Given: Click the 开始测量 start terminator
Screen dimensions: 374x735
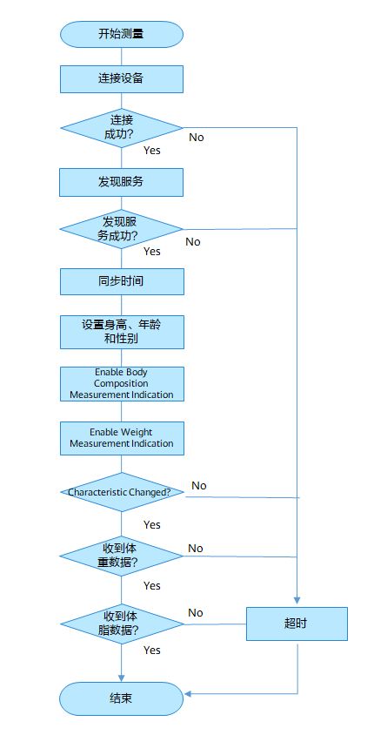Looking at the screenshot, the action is coord(121,34).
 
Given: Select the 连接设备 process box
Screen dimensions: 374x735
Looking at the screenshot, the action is coord(121,78).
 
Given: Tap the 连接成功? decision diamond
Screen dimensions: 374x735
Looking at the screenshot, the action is coord(121,127).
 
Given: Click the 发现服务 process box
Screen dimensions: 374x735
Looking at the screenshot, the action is coord(121,182).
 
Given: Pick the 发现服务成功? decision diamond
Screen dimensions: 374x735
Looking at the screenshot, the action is coord(121,229).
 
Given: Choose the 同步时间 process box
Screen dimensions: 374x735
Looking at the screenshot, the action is coord(122,281).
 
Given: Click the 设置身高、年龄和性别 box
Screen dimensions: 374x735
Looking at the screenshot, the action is coord(122,332).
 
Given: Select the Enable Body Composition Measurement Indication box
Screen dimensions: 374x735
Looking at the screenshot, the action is coord(122,384).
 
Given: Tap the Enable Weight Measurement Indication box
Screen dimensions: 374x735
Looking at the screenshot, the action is coord(122,438).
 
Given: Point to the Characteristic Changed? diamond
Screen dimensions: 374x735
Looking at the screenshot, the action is coord(122,492).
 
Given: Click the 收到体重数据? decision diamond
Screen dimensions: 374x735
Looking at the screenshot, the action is coord(121,556).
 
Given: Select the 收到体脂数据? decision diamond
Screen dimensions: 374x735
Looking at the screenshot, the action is coord(122,624).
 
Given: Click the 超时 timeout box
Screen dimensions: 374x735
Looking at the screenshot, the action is coord(297,624).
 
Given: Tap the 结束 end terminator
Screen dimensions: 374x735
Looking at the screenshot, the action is coord(121,698).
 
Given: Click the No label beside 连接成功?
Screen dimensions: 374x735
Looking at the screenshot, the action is coord(197,138).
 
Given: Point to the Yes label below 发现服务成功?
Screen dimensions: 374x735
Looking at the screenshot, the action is coord(152,252).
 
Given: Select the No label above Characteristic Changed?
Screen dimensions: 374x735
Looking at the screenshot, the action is coord(199,486).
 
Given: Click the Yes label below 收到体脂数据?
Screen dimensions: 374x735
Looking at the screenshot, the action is coord(152,651).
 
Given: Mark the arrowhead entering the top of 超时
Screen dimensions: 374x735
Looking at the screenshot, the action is coord(297,601).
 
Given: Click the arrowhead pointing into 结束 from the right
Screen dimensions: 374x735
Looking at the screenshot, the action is coord(188,694).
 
